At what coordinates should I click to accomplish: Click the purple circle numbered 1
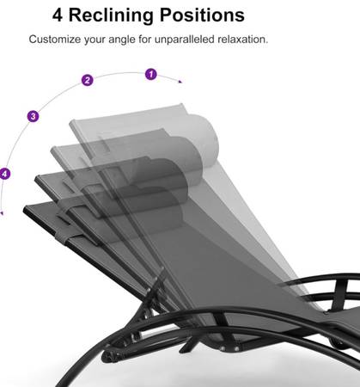pos(151,74)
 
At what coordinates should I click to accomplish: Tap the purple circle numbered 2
pos(88,80)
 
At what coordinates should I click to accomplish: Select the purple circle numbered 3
pos(34,116)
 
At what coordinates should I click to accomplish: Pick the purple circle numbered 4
pos(4,174)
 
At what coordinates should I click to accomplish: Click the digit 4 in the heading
pos(58,15)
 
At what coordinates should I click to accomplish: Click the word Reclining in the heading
pos(111,15)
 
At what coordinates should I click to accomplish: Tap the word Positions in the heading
pos(202,15)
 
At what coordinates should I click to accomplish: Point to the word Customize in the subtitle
pos(55,40)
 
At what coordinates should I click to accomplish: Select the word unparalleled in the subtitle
pos(185,40)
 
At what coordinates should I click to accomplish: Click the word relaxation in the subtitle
pos(242,40)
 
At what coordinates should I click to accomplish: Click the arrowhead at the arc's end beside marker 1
pos(180,82)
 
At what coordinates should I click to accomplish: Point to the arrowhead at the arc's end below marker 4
pos(2,213)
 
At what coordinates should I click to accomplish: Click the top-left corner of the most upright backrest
pos(70,122)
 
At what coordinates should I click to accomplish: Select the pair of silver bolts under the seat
pos(229,348)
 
